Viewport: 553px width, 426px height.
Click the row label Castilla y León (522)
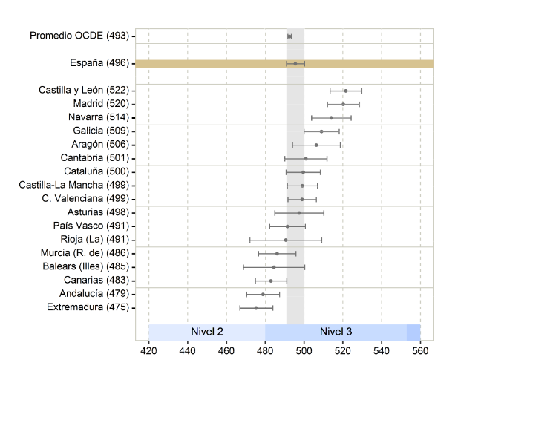click(x=85, y=90)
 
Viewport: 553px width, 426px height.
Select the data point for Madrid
click(x=343, y=104)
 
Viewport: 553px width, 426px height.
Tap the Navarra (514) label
click(x=95, y=117)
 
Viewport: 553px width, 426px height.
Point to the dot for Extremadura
click(x=256, y=307)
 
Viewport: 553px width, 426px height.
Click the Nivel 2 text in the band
click(x=208, y=331)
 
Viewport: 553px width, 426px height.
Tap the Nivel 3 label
click(x=336, y=331)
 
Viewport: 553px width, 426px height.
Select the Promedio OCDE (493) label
click(x=79, y=36)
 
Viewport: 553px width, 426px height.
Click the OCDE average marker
click(x=289, y=36)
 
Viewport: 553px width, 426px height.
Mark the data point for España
click(x=295, y=63)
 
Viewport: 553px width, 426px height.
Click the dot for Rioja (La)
click(x=286, y=240)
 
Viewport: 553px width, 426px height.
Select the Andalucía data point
click(x=263, y=294)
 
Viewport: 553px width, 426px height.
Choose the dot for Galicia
click(x=321, y=131)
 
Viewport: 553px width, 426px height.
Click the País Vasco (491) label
click(x=91, y=226)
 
